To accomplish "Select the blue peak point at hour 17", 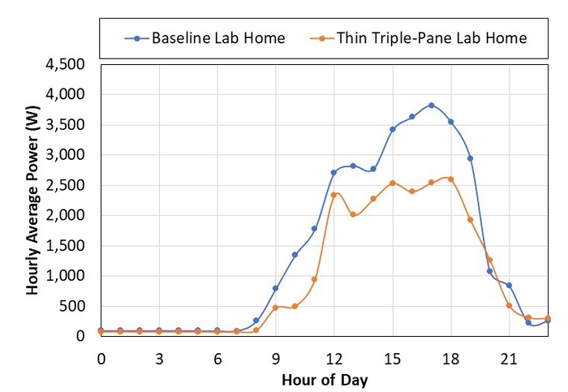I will coord(431,106).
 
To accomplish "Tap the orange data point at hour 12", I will coord(333,195).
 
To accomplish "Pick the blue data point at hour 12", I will coord(333,172).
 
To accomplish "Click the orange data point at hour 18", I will coord(450,179).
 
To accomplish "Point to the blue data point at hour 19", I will coord(470,158).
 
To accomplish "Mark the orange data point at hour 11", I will coord(314,279).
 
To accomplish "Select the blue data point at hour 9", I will coord(275,288).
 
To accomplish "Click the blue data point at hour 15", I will coord(392,129).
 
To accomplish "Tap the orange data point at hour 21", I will coord(509,305).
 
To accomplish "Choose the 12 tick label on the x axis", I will coord(333,358).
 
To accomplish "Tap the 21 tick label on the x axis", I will coord(509,358).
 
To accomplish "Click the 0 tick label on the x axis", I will coord(101,358).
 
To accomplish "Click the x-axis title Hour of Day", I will coord(324,379).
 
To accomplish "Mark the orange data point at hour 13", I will coord(353,215).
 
